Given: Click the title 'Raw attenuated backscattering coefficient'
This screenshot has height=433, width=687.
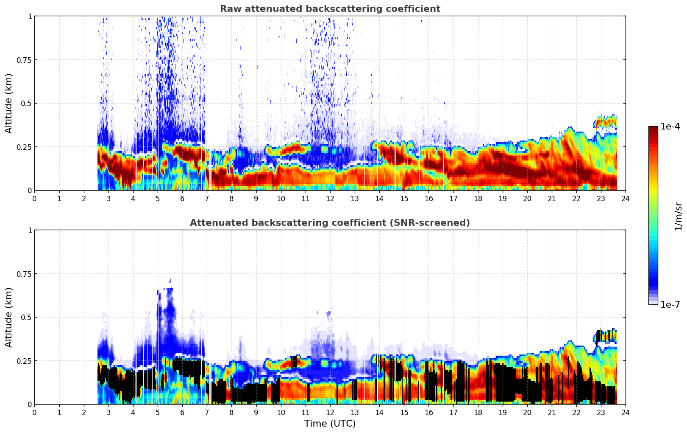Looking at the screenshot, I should pyautogui.click(x=330, y=9).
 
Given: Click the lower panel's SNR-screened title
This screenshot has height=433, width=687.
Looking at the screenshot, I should pyautogui.click(x=330, y=223).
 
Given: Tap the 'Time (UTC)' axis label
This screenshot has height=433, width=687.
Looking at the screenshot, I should pyautogui.click(x=330, y=423).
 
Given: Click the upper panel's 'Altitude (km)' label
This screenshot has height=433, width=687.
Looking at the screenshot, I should pyautogui.click(x=9, y=103).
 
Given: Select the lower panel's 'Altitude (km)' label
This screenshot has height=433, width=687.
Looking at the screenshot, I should pyautogui.click(x=9, y=317).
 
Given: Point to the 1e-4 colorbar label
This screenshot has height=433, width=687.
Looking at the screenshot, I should pyautogui.click(x=670, y=127).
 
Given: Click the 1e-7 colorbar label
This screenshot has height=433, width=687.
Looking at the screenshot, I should pyautogui.click(x=670, y=304).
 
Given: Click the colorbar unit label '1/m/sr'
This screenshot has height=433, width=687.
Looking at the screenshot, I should pyautogui.click(x=678, y=216).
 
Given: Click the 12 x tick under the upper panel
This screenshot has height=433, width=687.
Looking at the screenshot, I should pyautogui.click(x=330, y=199).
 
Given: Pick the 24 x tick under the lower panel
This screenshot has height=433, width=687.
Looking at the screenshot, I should pyautogui.click(x=625, y=413).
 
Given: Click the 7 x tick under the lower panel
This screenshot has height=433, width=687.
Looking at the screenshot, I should pyautogui.click(x=207, y=413).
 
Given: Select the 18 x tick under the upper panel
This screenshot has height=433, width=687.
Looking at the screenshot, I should pyautogui.click(x=478, y=199).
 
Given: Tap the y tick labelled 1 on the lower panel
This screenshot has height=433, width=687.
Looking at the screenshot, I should pyautogui.click(x=30, y=231).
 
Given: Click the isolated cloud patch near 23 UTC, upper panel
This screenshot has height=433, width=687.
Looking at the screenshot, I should pyautogui.click(x=605, y=122).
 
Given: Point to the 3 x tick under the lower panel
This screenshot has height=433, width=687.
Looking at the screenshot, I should pyautogui.click(x=108, y=413).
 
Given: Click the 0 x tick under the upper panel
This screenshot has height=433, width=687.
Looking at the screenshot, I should pyautogui.click(x=35, y=199).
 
